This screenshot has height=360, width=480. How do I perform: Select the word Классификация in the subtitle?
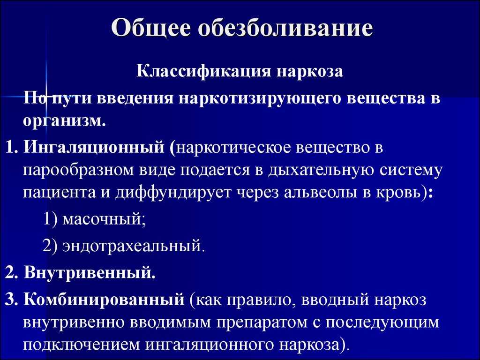coord(204,72)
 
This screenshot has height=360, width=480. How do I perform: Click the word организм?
coord(64,121)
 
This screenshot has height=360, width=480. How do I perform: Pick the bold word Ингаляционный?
coord(94,148)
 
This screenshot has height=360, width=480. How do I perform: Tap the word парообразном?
coord(79,170)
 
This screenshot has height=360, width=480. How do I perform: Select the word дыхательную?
coord(321,170)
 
